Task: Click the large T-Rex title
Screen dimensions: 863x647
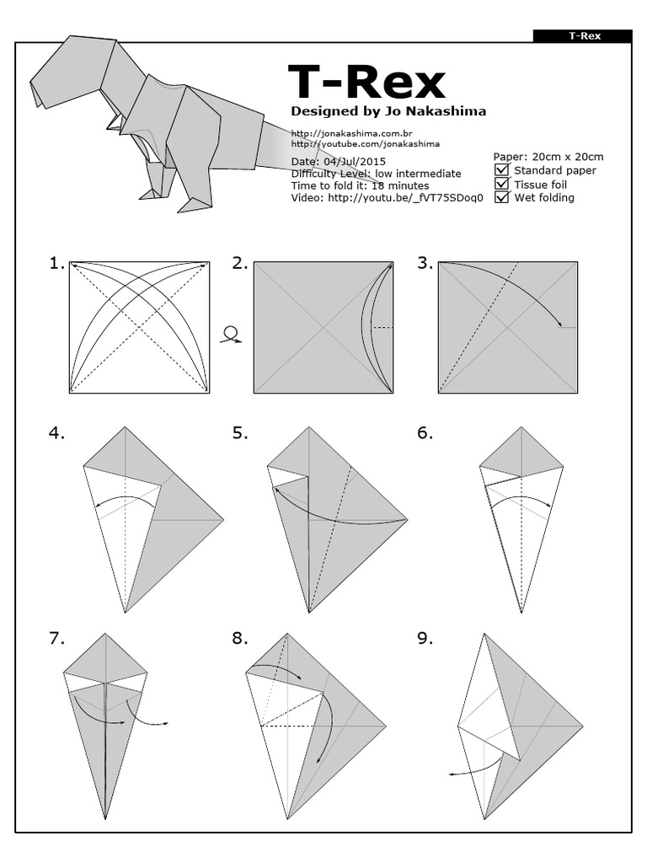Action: [x=366, y=83]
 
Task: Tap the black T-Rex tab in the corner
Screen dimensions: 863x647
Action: [x=583, y=36]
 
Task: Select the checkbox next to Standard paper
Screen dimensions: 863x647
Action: [x=502, y=170]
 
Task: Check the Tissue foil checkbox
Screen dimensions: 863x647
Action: [x=502, y=184]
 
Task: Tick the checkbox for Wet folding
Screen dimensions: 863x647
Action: [x=502, y=198]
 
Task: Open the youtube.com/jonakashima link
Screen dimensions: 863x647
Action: [x=365, y=144]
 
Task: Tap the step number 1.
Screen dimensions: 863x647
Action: [x=56, y=264]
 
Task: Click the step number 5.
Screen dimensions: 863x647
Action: [x=240, y=433]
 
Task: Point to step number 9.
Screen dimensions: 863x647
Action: [x=425, y=639]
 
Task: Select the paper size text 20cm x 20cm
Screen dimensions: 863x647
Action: [x=565, y=157]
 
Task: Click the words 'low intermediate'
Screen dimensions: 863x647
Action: [x=418, y=174]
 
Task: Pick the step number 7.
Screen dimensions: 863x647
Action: [x=56, y=639]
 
